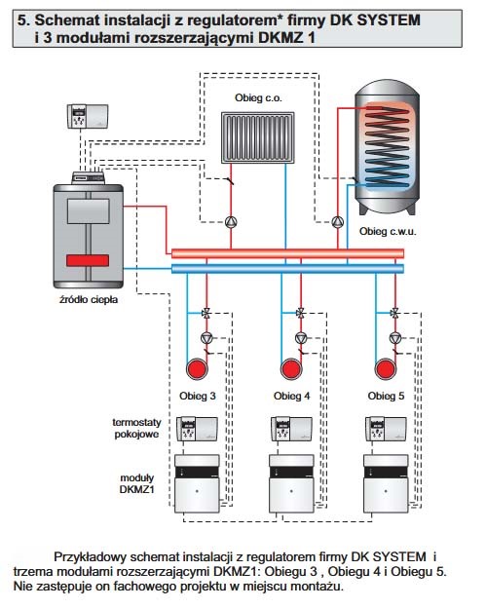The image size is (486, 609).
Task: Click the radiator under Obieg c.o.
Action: (258, 137)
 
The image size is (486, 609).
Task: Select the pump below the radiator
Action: (231, 222)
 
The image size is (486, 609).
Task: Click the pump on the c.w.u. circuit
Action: (337, 222)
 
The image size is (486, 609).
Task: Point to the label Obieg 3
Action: (197, 396)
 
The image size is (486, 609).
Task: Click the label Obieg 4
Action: (291, 396)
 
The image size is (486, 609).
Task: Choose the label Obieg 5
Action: (386, 396)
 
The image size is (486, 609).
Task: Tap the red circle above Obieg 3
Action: (197, 368)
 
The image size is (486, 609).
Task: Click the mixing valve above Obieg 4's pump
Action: (300, 313)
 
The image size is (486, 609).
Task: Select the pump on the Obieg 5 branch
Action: (395, 338)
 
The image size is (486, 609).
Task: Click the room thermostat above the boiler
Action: (88, 116)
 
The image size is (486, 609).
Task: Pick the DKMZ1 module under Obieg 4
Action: (291, 483)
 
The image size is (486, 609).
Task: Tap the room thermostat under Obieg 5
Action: (386, 429)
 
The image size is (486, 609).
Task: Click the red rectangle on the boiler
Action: (88, 260)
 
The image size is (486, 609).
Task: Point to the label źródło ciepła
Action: (89, 299)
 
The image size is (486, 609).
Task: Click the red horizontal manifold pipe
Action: (287, 254)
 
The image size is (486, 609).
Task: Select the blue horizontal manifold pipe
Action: (287, 268)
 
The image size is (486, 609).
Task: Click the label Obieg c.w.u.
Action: (388, 232)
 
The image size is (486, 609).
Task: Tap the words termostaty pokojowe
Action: (136, 428)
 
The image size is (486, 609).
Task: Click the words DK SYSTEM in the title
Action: (375, 20)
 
